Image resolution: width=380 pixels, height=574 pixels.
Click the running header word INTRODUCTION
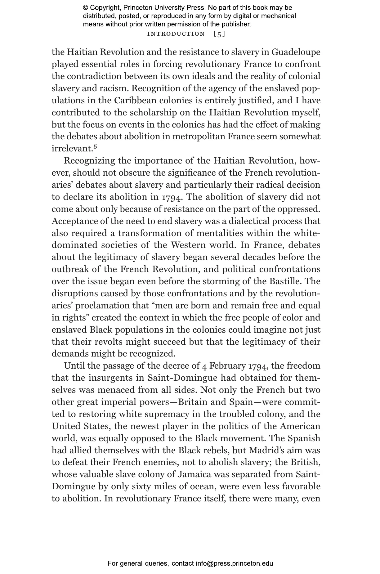176,34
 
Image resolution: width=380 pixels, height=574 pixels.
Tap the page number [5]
219,34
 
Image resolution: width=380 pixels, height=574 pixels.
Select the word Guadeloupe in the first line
296,52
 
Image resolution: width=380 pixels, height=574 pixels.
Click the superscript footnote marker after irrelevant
96,147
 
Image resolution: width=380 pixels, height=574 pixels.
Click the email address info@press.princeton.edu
234,563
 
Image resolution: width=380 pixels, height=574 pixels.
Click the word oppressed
298,209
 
